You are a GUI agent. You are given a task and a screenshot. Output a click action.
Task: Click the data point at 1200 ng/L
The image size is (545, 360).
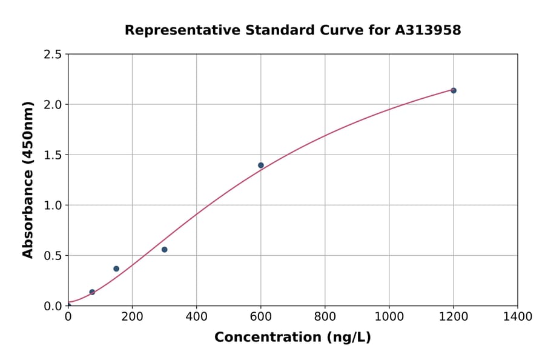click(x=454, y=90)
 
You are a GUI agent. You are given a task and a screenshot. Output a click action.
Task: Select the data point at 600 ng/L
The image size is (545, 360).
click(x=261, y=165)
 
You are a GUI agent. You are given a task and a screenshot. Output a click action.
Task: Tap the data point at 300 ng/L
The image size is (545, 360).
click(x=164, y=250)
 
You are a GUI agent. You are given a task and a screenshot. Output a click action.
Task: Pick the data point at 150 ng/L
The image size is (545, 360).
click(x=116, y=268)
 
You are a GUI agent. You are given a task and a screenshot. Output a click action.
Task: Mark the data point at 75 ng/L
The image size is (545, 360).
click(x=92, y=292)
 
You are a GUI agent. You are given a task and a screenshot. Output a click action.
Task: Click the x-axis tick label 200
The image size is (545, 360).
click(x=132, y=316)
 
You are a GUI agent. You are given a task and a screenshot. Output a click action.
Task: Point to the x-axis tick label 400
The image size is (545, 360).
click(x=196, y=316)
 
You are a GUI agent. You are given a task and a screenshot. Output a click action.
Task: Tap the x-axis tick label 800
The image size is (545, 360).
click(x=325, y=316)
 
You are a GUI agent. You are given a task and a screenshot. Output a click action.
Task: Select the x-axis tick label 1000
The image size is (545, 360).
click(x=389, y=316)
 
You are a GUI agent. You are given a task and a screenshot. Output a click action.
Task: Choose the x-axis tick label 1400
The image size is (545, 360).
click(x=518, y=316)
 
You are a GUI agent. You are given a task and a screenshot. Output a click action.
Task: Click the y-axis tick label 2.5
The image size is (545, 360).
click(x=53, y=55)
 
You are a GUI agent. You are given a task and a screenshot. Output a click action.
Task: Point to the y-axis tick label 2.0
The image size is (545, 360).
click(x=53, y=105)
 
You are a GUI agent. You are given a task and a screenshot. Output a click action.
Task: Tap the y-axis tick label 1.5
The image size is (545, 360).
click(x=53, y=155)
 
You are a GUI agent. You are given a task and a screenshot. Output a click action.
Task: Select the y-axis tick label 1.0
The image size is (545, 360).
click(x=53, y=205)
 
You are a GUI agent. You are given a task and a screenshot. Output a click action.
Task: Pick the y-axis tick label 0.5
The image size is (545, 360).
click(x=53, y=256)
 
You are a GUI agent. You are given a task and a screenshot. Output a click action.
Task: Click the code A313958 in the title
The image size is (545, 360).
click(x=428, y=30)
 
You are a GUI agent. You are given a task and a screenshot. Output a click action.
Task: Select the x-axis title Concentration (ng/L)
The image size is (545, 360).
click(x=292, y=338)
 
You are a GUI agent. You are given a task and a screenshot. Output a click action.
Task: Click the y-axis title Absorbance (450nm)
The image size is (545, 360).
click(x=28, y=180)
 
